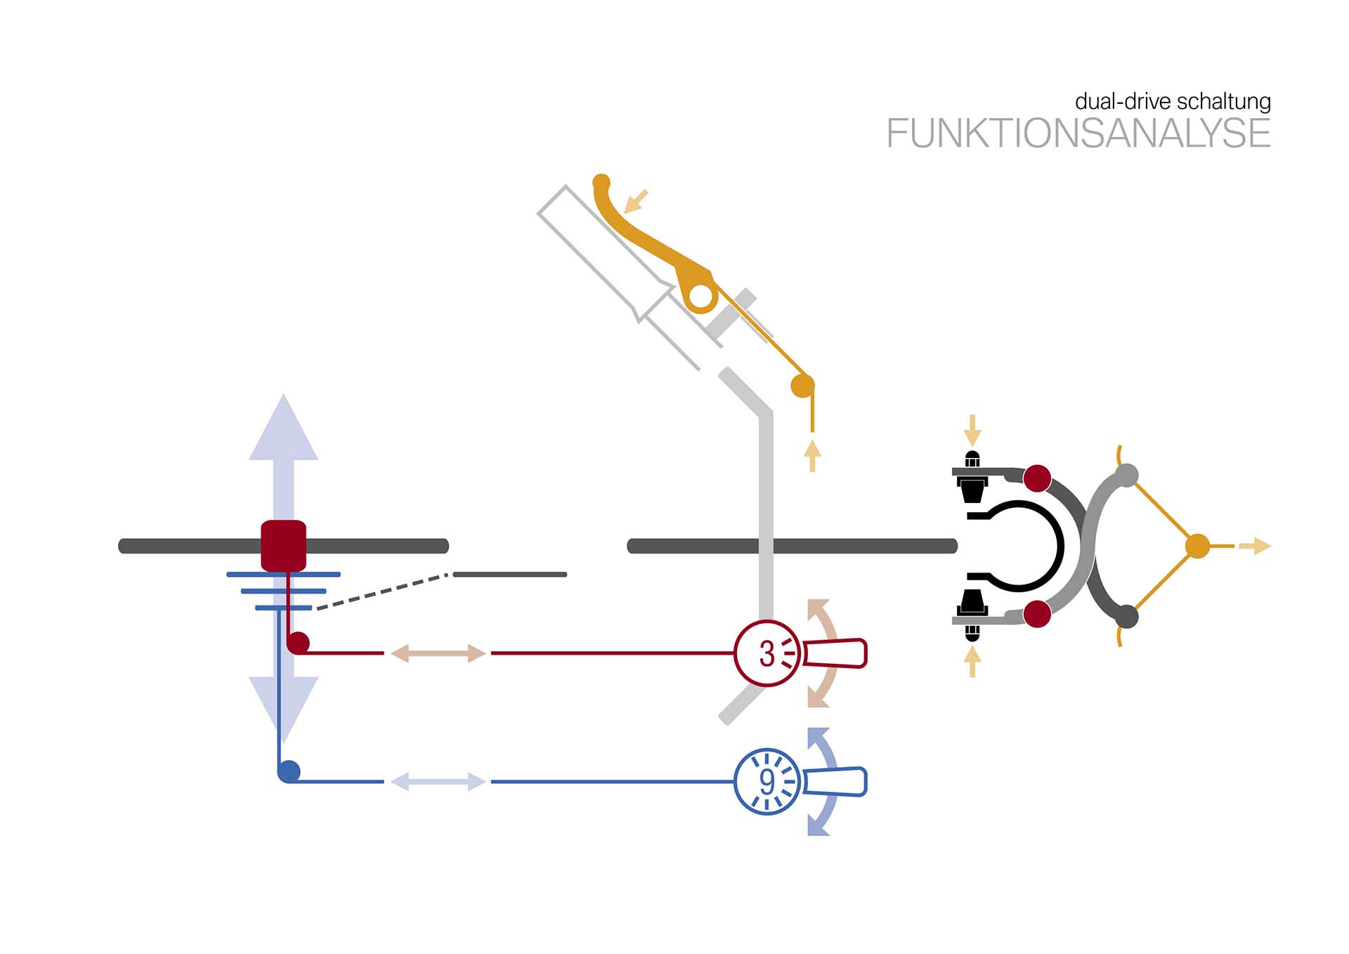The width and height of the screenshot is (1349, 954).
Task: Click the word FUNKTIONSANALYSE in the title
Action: click(1078, 133)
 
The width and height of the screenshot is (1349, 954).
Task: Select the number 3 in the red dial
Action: click(767, 654)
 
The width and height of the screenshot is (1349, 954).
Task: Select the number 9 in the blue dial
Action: click(767, 781)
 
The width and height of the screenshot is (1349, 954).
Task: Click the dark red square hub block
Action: click(283, 545)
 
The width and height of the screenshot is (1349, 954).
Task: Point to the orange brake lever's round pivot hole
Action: click(700, 296)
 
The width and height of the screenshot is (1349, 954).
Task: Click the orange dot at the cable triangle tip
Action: click(1197, 546)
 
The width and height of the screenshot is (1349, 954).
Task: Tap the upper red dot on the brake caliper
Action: click(1037, 478)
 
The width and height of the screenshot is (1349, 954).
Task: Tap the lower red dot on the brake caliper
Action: click(1037, 613)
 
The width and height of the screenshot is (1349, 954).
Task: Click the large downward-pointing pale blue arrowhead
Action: click(283, 706)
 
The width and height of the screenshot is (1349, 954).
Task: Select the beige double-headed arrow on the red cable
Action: click(438, 653)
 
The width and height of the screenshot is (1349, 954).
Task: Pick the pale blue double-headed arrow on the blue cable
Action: click(438, 781)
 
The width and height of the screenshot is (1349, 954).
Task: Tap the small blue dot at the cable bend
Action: click(289, 771)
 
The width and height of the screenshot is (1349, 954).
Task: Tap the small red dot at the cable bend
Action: click(299, 642)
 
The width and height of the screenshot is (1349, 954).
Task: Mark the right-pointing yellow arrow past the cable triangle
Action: click(1255, 546)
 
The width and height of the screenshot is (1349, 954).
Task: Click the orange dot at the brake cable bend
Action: click(802, 386)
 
